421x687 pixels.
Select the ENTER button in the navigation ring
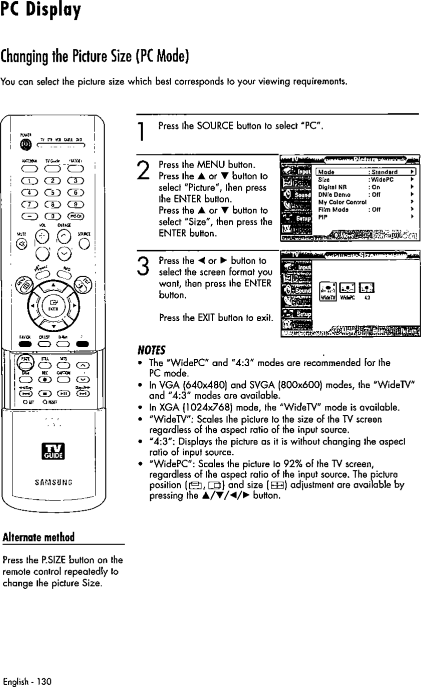53,305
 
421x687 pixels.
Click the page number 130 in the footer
45,681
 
